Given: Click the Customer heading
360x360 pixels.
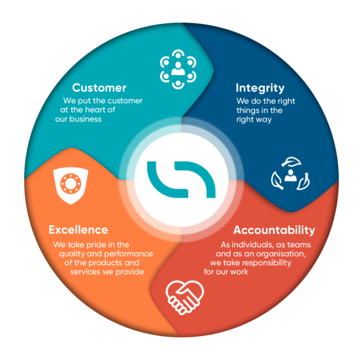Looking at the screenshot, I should [99, 88].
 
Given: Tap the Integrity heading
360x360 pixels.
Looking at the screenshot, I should [260, 88].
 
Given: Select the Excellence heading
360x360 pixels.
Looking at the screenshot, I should [78, 230].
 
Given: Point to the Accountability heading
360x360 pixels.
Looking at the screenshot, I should [274, 230].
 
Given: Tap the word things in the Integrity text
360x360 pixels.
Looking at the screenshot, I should [247, 111].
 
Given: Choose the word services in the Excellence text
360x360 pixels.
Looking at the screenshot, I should [86, 272].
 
